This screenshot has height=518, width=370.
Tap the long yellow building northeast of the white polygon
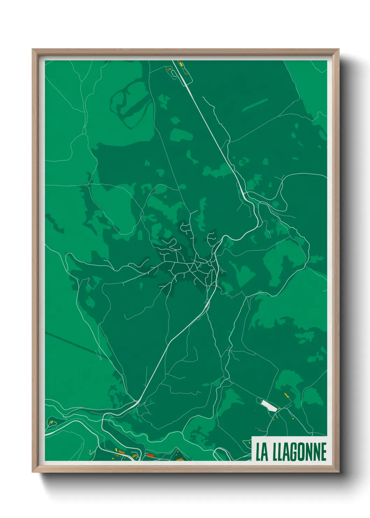[286, 395]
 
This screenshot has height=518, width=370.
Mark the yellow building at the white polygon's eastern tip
[279, 408]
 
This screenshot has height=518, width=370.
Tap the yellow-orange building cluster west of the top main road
[169, 69]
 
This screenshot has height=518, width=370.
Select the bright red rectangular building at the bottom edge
[150, 455]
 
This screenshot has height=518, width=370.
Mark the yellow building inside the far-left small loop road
[52, 422]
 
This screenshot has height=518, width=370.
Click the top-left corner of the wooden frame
[33, 50]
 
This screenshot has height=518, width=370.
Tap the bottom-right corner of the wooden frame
[338, 471]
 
